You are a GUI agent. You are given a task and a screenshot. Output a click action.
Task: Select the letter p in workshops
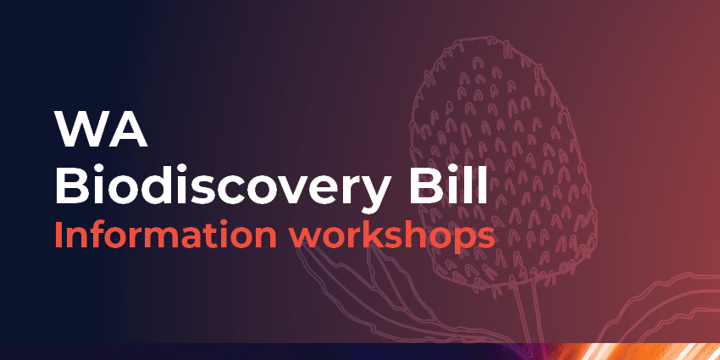coord(462,240)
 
